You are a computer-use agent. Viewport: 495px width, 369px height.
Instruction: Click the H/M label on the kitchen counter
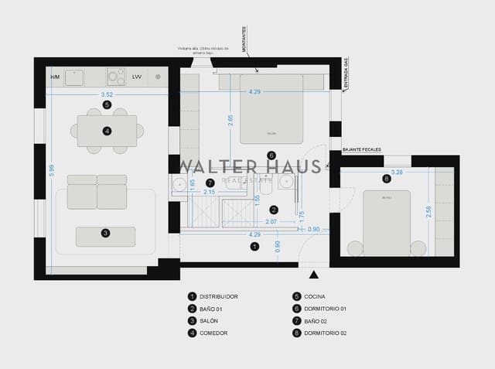point(55,77)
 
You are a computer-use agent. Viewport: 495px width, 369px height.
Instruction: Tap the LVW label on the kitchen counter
point(137,77)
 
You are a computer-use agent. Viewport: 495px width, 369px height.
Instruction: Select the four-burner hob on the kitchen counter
point(115,77)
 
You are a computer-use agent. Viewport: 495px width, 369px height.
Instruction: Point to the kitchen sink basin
point(75,77)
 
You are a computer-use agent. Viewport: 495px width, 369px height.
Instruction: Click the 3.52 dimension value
point(106,94)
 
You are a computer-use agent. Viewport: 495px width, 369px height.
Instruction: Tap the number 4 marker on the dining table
point(107,131)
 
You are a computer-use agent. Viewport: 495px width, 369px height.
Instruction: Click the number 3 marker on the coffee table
point(105,232)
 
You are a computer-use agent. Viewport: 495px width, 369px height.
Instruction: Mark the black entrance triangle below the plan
point(313,275)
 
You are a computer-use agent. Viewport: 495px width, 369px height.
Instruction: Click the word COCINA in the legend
point(314,296)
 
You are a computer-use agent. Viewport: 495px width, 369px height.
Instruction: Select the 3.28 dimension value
point(397,172)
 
